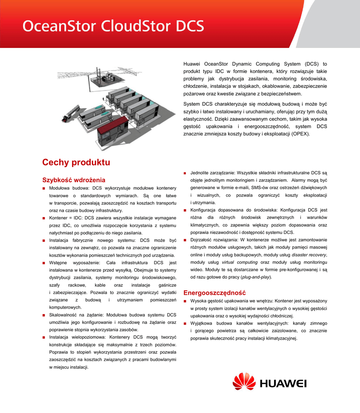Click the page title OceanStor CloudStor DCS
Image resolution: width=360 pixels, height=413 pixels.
click(x=113, y=26)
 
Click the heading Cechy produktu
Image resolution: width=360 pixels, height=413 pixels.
click(x=76, y=163)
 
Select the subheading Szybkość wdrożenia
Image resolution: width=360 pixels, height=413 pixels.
click(x=74, y=180)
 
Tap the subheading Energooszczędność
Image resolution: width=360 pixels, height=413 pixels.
click(x=214, y=292)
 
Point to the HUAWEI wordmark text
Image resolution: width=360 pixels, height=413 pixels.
click(x=283, y=384)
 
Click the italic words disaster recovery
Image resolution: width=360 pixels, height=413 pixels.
click(x=309, y=254)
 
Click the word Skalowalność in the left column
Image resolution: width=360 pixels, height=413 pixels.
click(x=63, y=315)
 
